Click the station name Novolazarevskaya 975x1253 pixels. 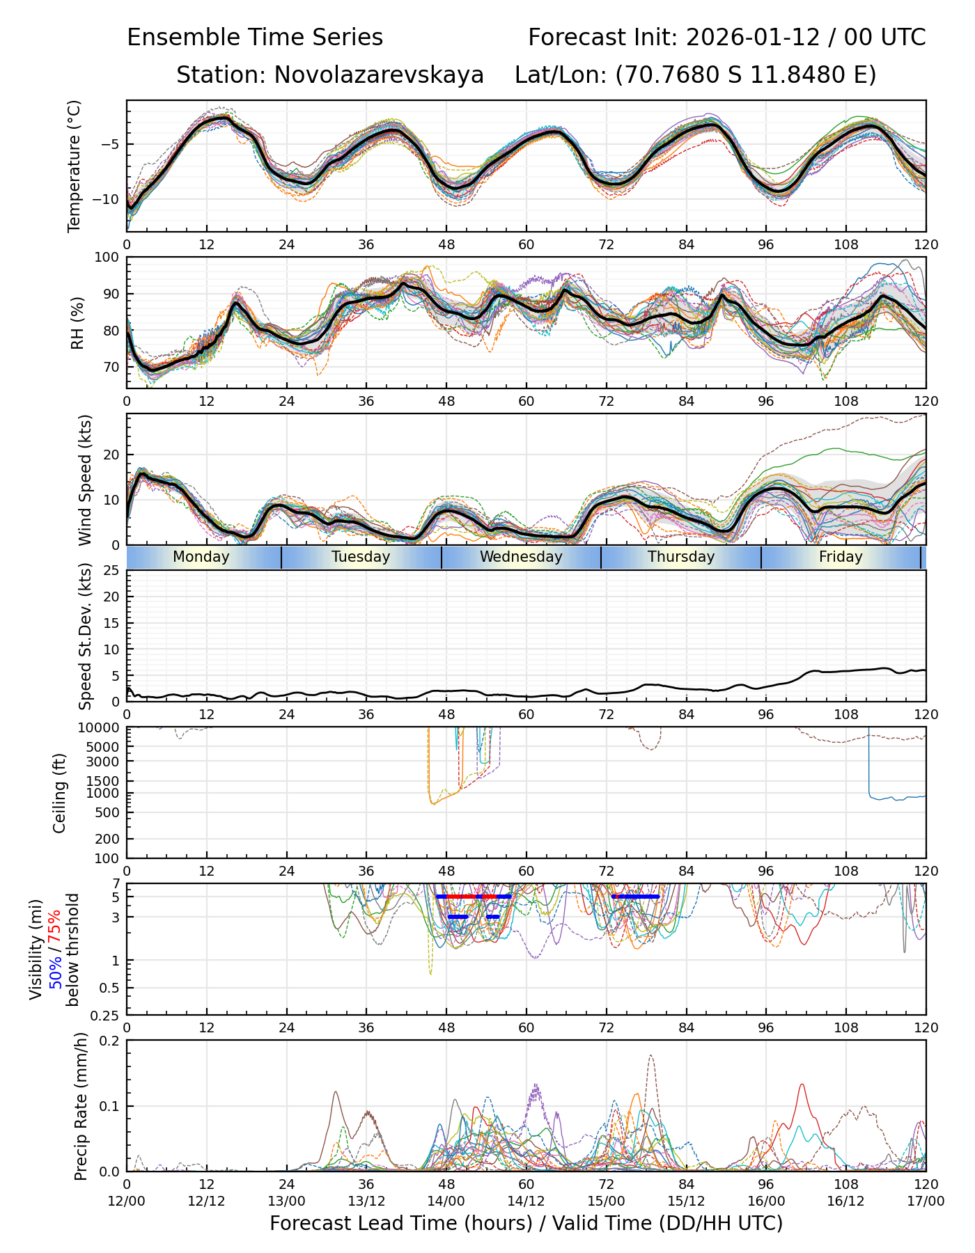(379, 74)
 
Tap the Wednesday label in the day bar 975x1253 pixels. (521, 557)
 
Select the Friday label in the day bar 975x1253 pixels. (841, 557)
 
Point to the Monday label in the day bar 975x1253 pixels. (201, 557)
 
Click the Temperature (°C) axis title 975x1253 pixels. (75, 166)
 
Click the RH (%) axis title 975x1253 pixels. (77, 323)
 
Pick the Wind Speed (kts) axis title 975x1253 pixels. (85, 480)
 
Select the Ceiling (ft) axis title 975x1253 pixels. (60, 793)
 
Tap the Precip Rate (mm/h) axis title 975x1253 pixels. (81, 1106)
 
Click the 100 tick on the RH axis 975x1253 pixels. (107, 258)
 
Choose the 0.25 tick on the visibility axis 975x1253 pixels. (107, 1014)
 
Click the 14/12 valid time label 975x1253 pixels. (526, 1201)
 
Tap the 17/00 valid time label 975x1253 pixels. (926, 1201)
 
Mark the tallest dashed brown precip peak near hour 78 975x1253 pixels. (650, 1056)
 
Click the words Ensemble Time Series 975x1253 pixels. (255, 37)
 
